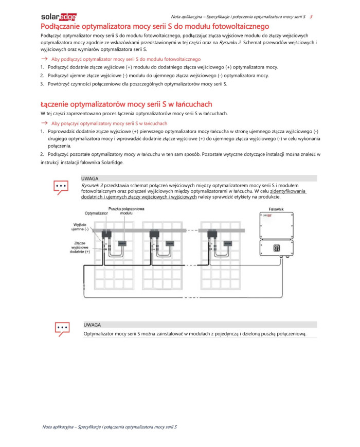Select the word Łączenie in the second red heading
(58, 104)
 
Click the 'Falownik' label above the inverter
(277, 209)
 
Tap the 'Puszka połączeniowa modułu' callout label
(126, 211)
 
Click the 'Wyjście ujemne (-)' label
(80, 227)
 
